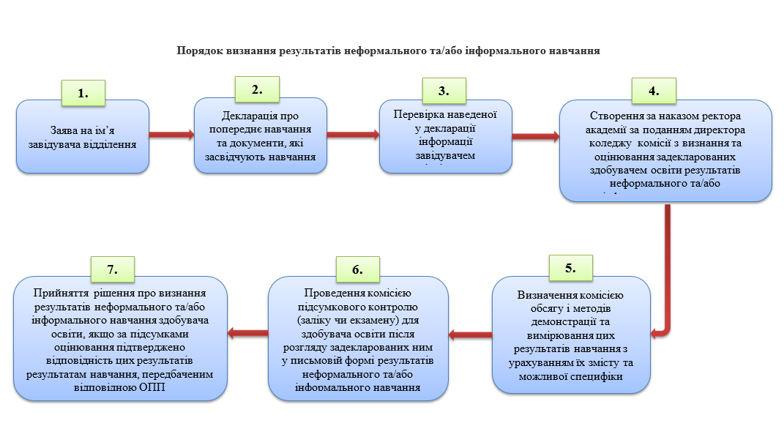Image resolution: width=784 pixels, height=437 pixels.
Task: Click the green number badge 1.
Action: pos(83,93)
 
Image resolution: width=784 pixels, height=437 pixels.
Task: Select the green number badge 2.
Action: pos(256,90)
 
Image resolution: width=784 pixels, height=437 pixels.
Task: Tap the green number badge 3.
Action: pos(443,91)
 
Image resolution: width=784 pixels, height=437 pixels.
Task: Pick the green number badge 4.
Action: pos(654,91)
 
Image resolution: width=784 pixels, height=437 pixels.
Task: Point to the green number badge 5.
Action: pos(570,268)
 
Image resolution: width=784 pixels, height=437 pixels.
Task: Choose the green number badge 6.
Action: pos(357,269)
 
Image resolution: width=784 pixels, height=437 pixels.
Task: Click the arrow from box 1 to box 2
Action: pos(171,135)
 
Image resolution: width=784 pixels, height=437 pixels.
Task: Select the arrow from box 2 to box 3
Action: pos(353,135)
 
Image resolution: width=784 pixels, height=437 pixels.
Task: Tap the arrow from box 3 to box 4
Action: pos(535,135)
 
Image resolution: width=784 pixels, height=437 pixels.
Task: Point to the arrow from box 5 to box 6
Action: pos(469,335)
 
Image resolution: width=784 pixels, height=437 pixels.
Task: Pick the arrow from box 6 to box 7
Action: pos(247,333)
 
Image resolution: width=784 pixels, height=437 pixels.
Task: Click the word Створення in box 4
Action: pos(616,116)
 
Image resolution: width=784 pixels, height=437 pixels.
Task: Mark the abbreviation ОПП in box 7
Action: pos(150,387)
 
